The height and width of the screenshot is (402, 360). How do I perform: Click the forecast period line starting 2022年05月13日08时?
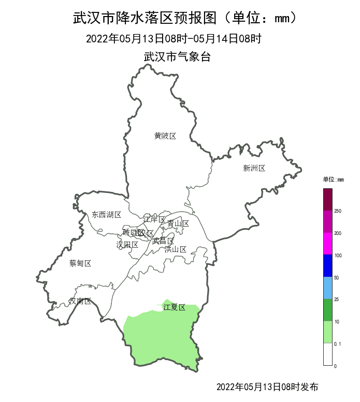[174, 38]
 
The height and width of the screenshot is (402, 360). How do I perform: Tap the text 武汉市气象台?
[177, 57]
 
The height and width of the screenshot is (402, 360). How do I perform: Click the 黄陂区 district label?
[165, 136]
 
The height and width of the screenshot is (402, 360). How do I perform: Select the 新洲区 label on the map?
[254, 168]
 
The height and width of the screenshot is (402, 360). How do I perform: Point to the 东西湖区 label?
[106, 215]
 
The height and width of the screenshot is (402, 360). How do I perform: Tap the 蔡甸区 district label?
[80, 263]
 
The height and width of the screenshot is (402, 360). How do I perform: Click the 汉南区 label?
[80, 301]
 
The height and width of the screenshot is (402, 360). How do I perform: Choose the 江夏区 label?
[174, 307]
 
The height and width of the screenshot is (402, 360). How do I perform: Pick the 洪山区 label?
[175, 249]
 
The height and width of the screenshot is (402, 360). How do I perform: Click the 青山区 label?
[178, 224]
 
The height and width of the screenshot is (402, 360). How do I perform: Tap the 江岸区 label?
[154, 219]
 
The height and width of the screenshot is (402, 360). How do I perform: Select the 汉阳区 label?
[127, 244]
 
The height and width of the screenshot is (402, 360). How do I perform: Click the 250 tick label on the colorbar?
[338, 211]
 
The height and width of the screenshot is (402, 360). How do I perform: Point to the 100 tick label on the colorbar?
[338, 256]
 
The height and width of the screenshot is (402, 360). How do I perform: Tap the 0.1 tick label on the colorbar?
[338, 344]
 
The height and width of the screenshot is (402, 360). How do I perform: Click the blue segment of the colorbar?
[327, 265]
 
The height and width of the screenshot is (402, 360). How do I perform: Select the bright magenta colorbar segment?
[327, 243]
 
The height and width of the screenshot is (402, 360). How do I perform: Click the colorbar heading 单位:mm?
[333, 180]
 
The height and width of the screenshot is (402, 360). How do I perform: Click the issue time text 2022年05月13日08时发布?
[267, 386]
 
